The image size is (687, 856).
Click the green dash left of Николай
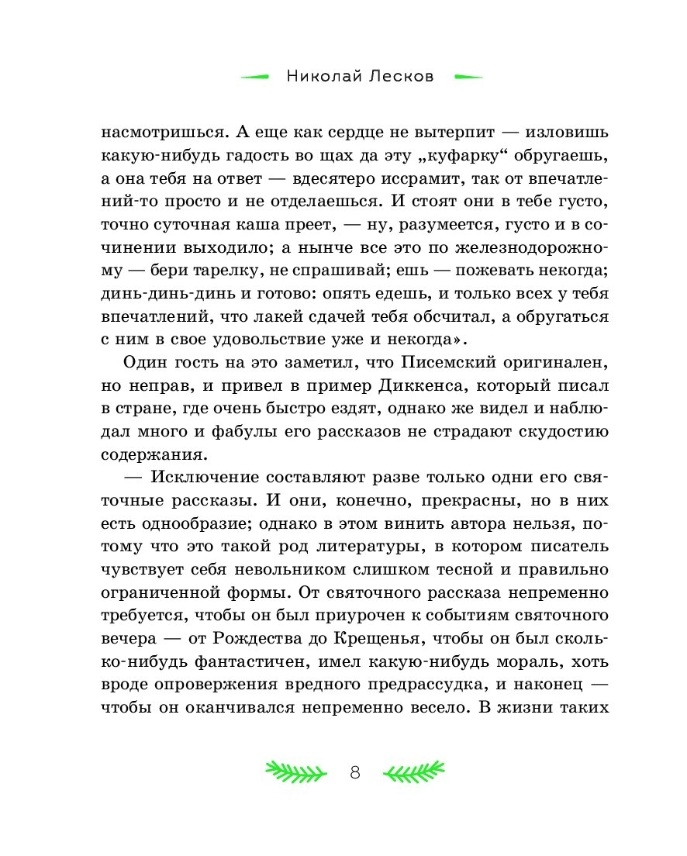click(x=254, y=77)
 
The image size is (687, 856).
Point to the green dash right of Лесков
click(x=468, y=77)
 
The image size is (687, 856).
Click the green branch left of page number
click(x=294, y=771)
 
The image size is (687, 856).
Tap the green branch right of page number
click(x=416, y=771)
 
